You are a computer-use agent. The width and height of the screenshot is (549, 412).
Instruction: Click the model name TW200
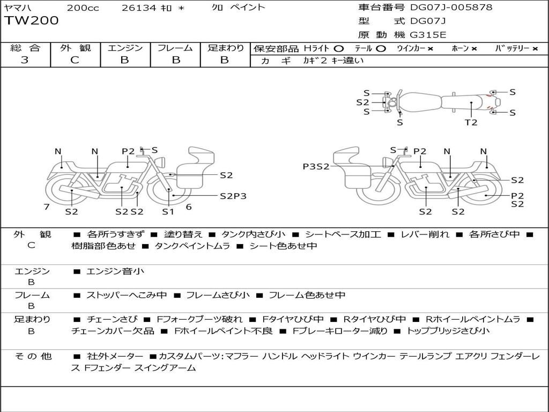pos(32,21)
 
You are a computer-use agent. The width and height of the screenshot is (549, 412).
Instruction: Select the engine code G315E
pos(428,35)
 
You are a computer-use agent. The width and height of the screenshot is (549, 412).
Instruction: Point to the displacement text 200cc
pos(83,8)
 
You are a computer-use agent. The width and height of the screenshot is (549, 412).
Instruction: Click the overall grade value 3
pos(25,60)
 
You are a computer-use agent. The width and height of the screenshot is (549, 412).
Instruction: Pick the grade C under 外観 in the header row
pos(75,60)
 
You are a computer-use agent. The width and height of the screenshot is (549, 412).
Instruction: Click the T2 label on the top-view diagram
pos(471,122)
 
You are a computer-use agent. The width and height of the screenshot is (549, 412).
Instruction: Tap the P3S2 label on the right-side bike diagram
pos(316,166)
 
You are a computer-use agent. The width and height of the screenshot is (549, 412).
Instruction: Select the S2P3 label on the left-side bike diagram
pos(233,196)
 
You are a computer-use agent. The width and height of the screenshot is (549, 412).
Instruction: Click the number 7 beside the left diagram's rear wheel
pos(47,207)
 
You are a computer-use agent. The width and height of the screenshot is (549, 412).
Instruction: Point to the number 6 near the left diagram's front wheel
pos(189,207)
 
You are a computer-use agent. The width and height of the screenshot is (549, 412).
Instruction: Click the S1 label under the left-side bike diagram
pos(168,211)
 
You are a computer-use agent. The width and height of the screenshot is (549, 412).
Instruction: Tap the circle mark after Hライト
pos(339,49)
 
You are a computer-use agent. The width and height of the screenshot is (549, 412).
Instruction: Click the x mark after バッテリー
pos(535,49)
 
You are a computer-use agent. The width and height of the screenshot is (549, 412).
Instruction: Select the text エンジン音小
pos(115,271)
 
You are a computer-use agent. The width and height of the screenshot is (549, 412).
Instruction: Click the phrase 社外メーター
pos(115,356)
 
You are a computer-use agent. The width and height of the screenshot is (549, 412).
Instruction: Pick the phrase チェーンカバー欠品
pos(113,330)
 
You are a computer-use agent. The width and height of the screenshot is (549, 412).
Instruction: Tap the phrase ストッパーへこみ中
pos(127,296)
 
